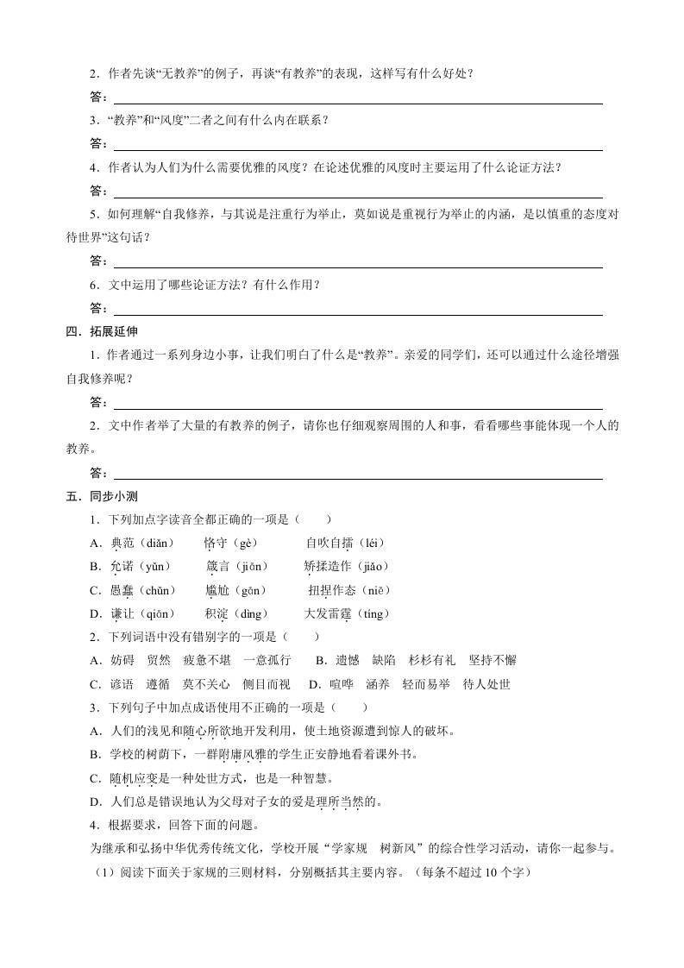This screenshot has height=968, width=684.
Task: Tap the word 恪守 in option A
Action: (215, 543)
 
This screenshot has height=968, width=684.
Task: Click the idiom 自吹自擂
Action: (329, 543)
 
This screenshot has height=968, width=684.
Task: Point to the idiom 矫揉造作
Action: (327, 566)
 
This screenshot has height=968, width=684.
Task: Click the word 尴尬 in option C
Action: (216, 590)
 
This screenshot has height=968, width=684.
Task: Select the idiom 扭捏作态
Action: (331, 590)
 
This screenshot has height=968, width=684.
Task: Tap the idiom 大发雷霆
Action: (327, 613)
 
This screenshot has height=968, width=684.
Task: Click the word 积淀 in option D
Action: (216, 613)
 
